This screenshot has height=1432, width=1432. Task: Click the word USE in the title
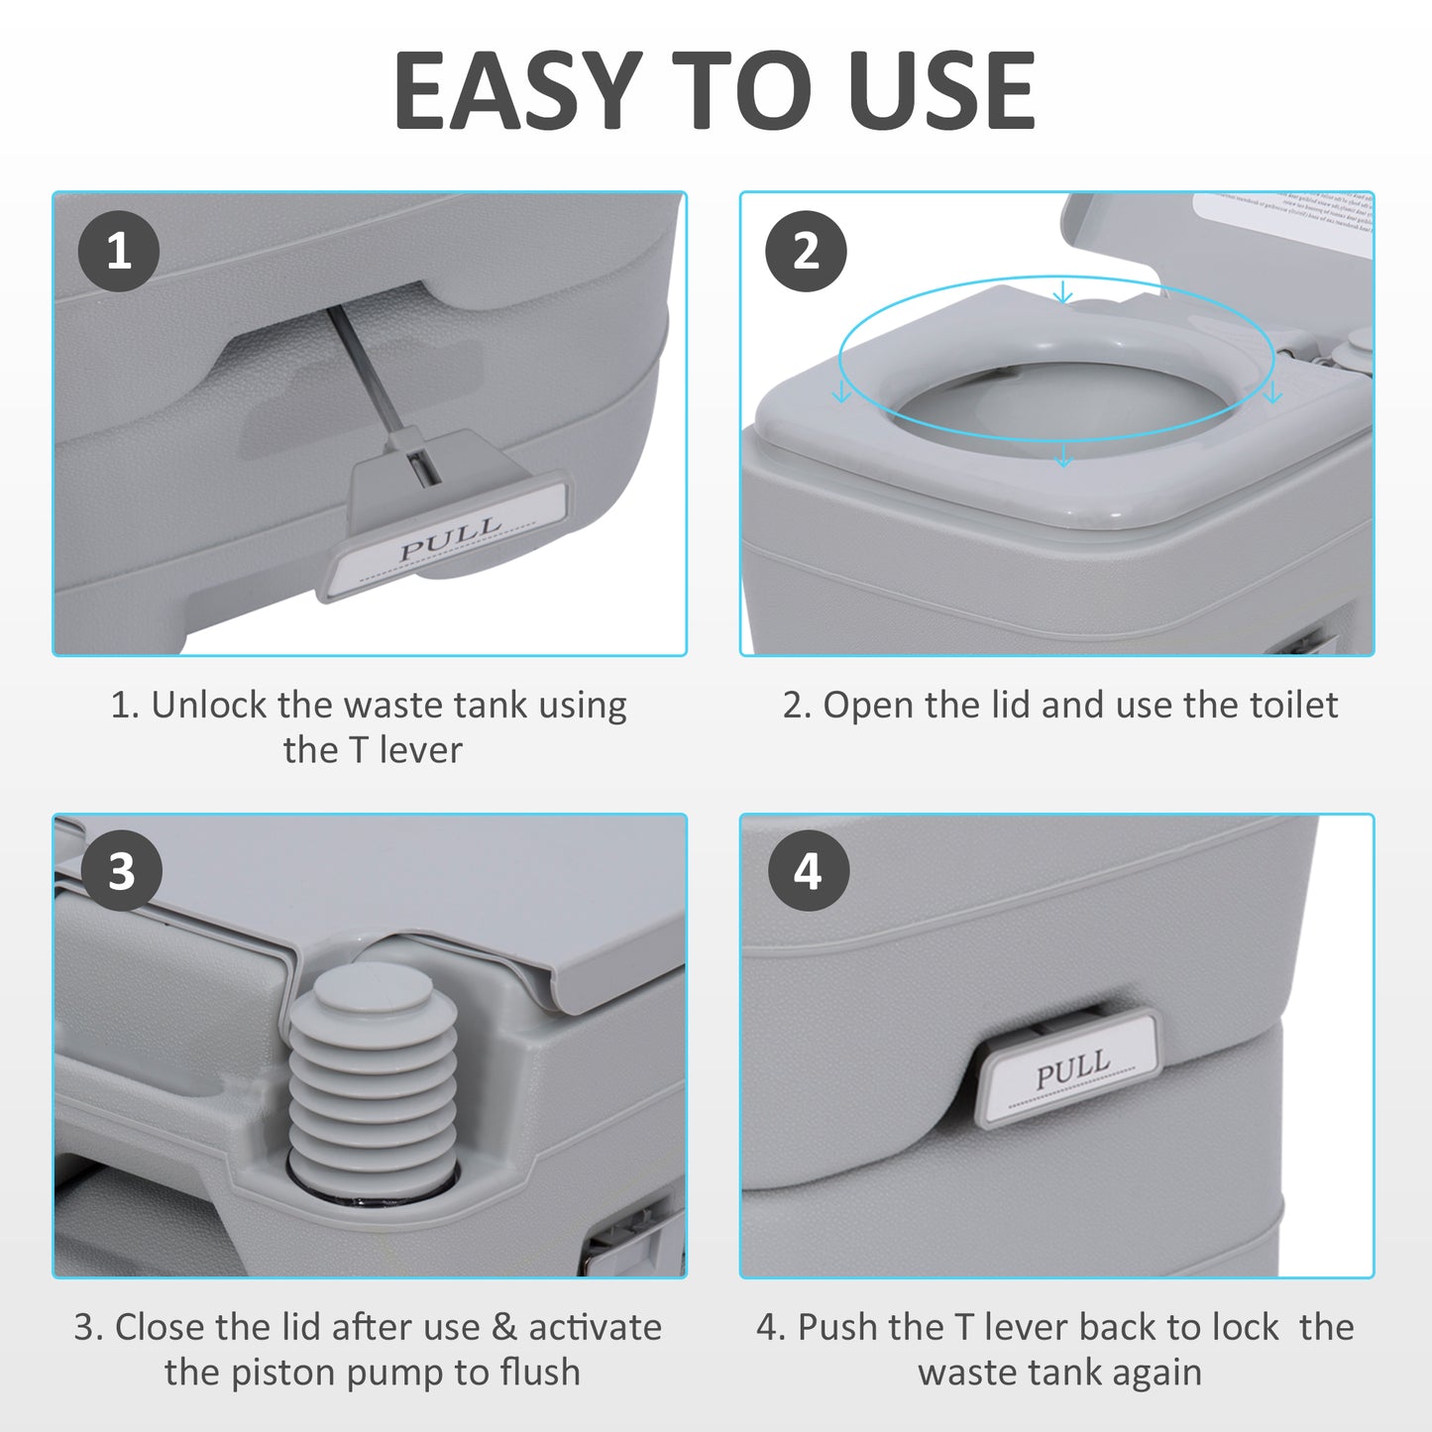point(940,91)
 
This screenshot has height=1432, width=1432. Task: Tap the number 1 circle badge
point(119,251)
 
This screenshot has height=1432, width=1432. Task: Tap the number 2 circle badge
point(806,251)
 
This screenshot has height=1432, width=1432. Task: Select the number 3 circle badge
point(121,872)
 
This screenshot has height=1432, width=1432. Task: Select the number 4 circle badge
point(808,872)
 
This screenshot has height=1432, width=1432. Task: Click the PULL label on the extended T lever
point(450,539)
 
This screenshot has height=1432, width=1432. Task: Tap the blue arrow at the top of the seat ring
point(1063,292)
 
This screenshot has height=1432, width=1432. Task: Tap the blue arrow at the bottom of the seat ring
point(1063,456)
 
